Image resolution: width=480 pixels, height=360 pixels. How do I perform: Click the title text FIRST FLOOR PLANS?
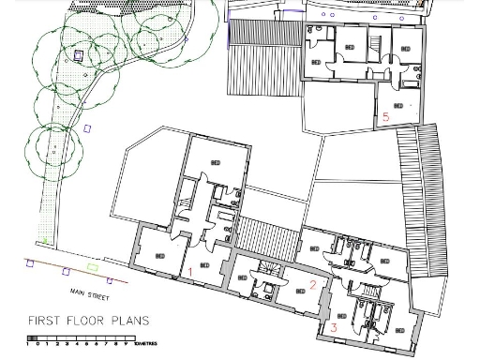pyautogui.click(x=88, y=320)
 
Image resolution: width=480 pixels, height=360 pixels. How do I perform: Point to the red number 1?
pyautogui.click(x=191, y=272)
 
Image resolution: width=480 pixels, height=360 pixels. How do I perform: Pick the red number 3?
pyautogui.click(x=334, y=327)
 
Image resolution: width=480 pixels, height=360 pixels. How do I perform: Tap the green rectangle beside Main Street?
pyautogui.click(x=109, y=280)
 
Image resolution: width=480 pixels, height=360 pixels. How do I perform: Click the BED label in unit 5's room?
pyautogui.click(x=399, y=106)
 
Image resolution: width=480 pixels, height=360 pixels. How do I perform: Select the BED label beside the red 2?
pyautogui.click(x=300, y=291)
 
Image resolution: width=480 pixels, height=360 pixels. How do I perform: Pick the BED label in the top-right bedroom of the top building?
pyautogui.click(x=406, y=49)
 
